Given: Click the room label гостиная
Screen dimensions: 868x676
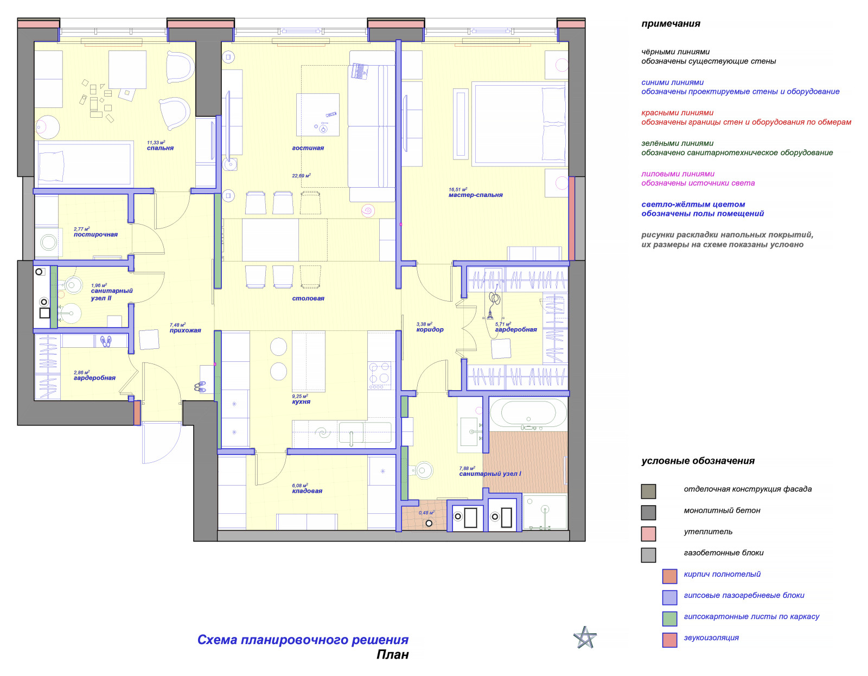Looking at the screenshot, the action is pyautogui.click(x=308, y=148).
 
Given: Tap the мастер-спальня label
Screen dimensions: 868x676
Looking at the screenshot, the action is pyautogui.click(x=475, y=195).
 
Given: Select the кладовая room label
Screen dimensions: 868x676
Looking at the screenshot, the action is pyautogui.click(x=307, y=491).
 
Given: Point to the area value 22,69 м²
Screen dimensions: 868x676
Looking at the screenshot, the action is pyautogui.click(x=301, y=175).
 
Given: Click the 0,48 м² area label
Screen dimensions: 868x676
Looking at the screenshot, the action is pyautogui.click(x=426, y=513).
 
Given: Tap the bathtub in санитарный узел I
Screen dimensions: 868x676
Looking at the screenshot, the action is pyautogui.click(x=528, y=413).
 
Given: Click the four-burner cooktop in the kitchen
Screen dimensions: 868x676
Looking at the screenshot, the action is pyautogui.click(x=379, y=375).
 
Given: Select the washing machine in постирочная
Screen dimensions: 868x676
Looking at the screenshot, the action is pyautogui.click(x=48, y=243).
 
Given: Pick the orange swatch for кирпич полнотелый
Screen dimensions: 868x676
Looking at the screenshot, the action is pyautogui.click(x=669, y=576).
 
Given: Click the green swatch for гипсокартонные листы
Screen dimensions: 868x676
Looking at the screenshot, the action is pyautogui.click(x=669, y=618).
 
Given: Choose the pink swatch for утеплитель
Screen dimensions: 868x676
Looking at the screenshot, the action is pyautogui.click(x=648, y=533).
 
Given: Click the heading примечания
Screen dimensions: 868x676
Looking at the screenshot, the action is pyautogui.click(x=671, y=23).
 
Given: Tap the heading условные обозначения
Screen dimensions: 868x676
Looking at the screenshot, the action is pyautogui.click(x=698, y=461).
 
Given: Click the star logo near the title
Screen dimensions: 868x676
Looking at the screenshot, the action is pyautogui.click(x=585, y=637).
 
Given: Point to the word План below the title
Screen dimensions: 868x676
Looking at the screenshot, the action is pyautogui.click(x=392, y=654).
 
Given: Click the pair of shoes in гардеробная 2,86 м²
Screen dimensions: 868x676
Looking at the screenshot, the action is pyautogui.click(x=105, y=341).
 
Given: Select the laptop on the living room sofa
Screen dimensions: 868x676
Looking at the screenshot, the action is pyautogui.click(x=359, y=72).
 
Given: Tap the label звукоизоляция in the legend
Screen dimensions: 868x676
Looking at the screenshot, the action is pyautogui.click(x=711, y=637).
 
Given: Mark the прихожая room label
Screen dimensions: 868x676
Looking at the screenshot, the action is pyautogui.click(x=185, y=330).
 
